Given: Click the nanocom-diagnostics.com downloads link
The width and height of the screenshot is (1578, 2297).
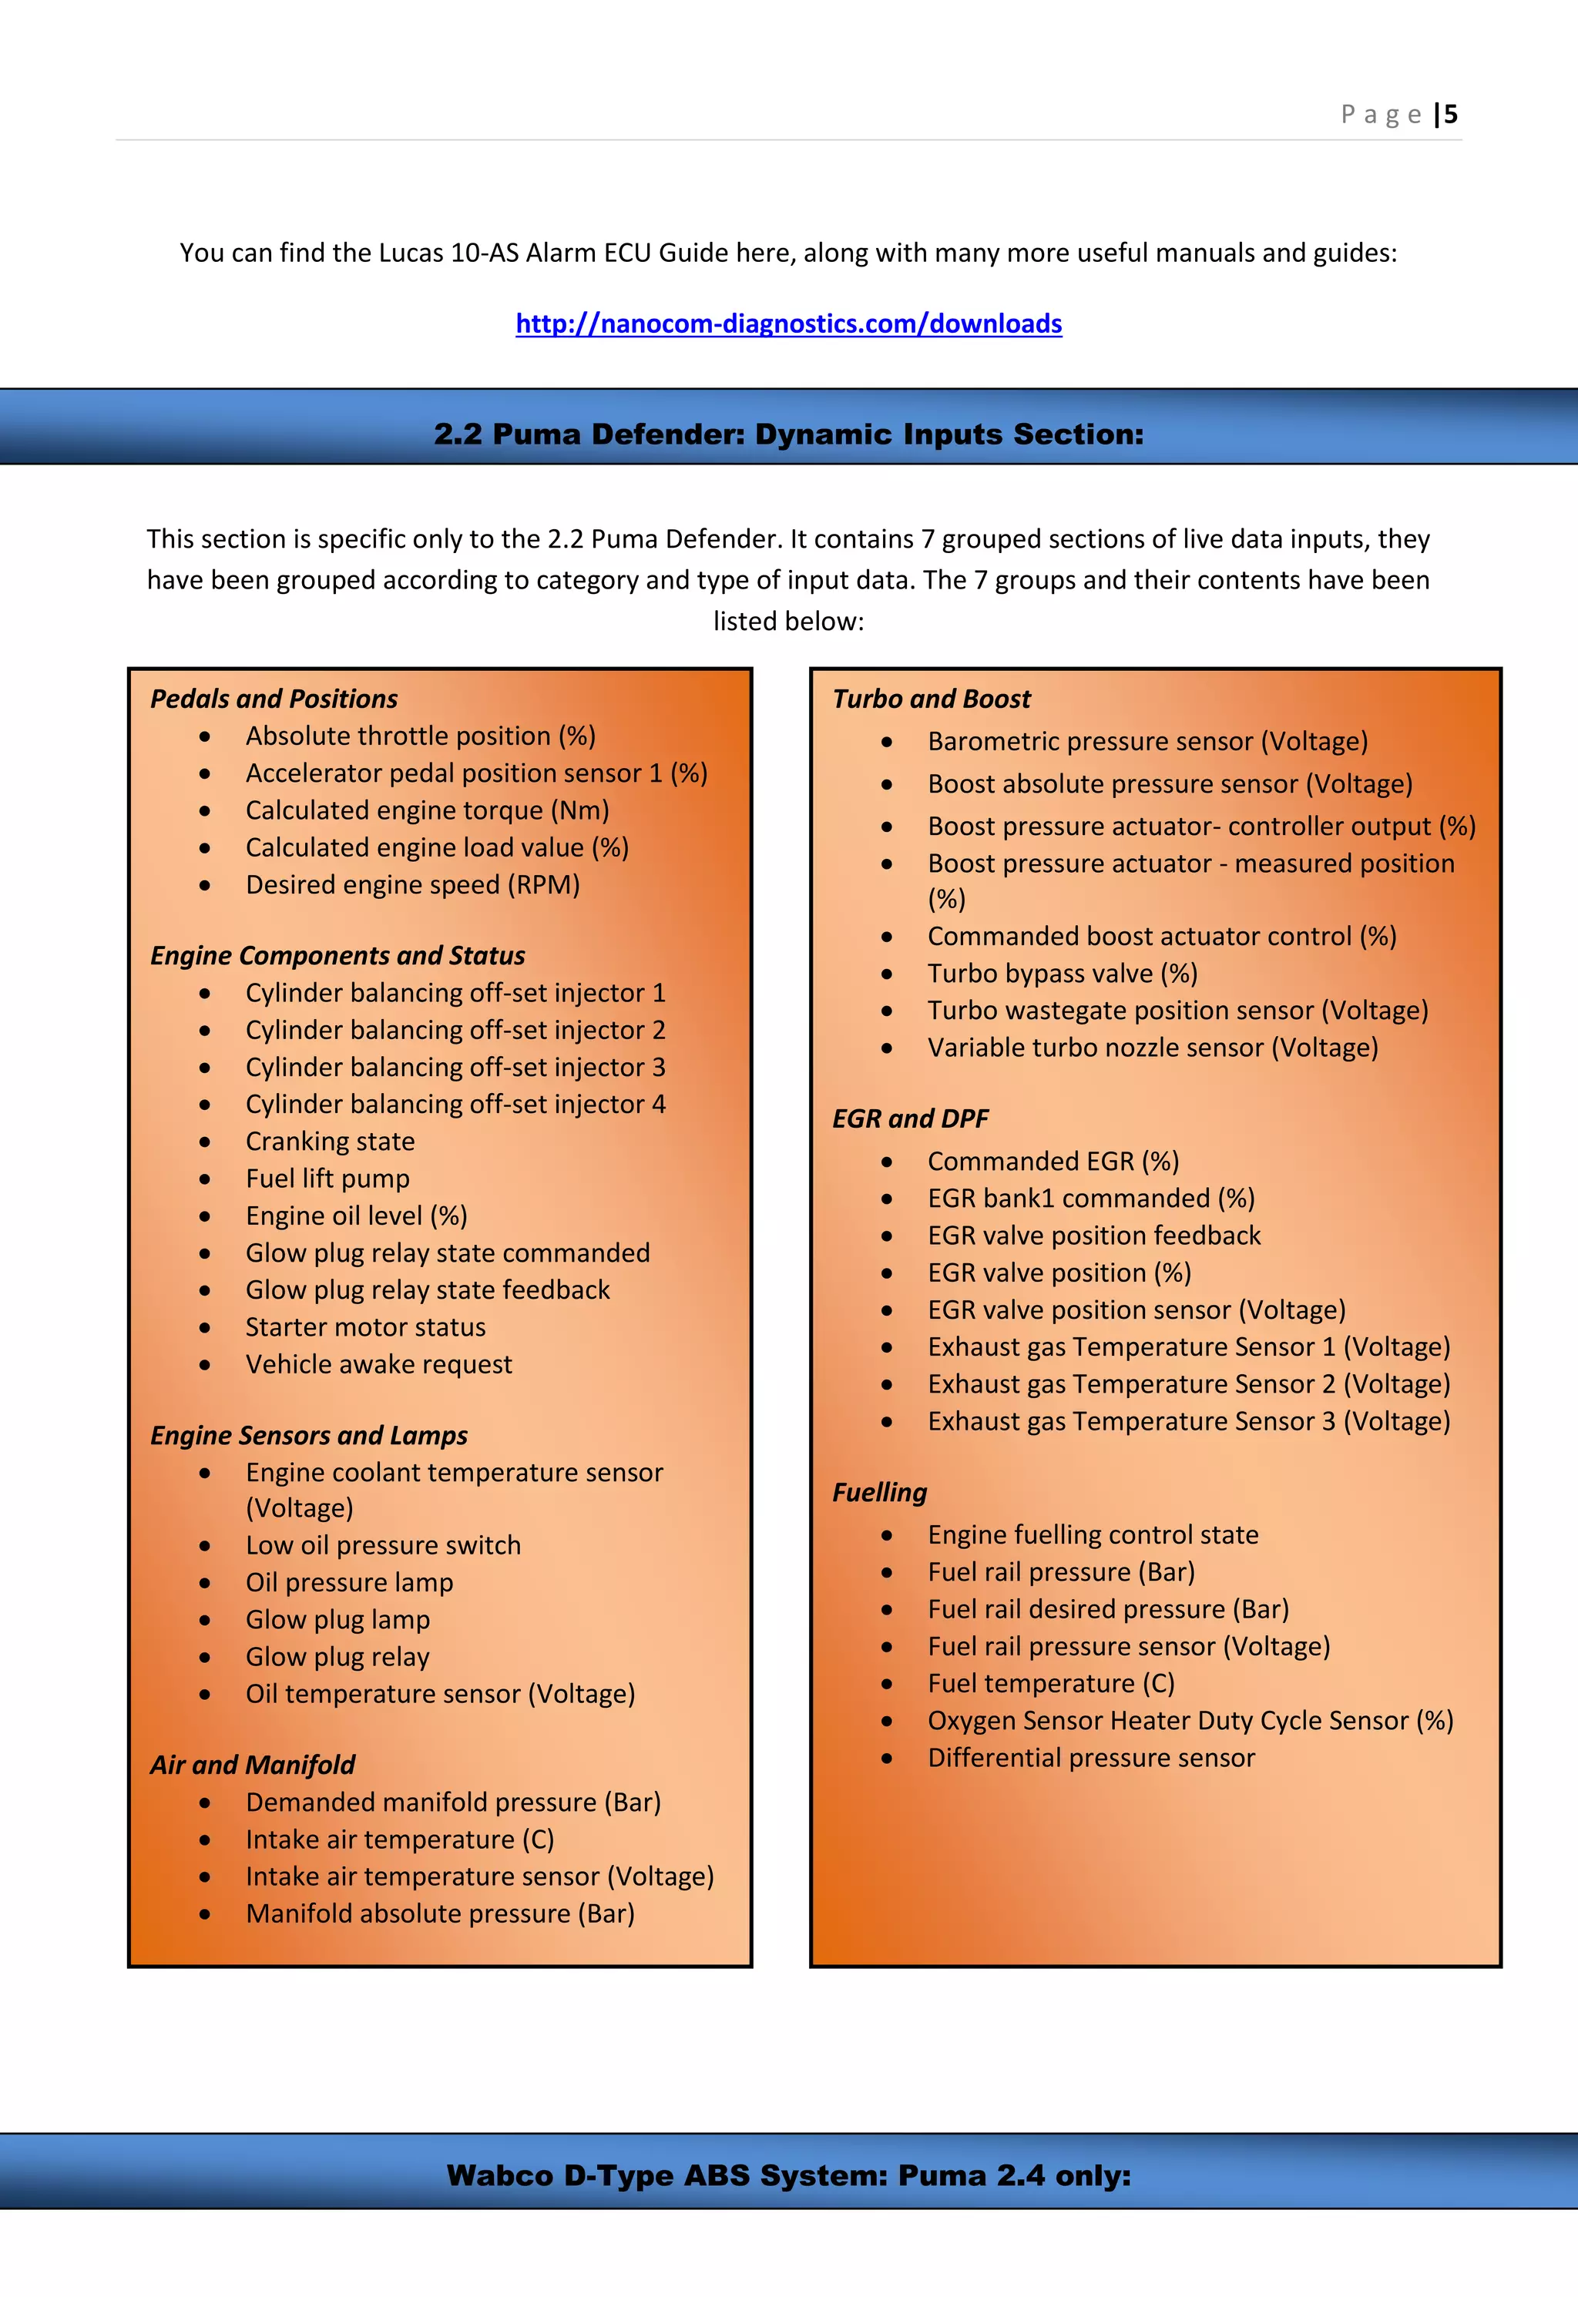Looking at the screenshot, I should coord(788,324).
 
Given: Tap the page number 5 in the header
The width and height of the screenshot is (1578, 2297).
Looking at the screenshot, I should coord(1450,115).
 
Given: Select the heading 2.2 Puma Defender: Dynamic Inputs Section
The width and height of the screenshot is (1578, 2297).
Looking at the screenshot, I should coord(788,434).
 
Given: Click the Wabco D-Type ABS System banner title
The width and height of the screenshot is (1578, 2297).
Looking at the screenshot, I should coord(788,2175).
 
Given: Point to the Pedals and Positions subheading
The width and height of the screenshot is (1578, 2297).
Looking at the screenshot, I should coord(273,699).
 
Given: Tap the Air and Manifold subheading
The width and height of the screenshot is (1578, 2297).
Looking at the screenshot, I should coord(252,1766).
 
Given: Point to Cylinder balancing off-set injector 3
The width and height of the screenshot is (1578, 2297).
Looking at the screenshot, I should coord(455,1068).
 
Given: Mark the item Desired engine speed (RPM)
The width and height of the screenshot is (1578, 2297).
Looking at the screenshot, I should coord(412,884).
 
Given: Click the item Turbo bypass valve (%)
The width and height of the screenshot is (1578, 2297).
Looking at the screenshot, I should coord(1062,974).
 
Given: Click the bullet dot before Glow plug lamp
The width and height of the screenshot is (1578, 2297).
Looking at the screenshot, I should coord(205,1620).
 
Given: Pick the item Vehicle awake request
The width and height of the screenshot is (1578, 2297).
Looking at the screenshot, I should coord(378,1365).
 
